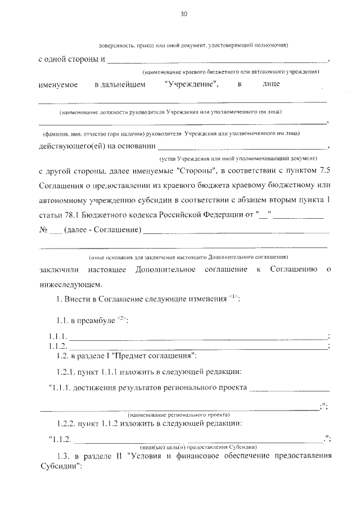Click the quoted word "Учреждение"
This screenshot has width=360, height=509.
[192, 84]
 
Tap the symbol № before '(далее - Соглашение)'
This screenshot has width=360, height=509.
[43, 231]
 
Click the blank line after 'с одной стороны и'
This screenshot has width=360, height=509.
[217, 61]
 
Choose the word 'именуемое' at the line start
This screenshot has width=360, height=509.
[57, 84]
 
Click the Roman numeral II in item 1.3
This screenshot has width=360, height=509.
[119, 456]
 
